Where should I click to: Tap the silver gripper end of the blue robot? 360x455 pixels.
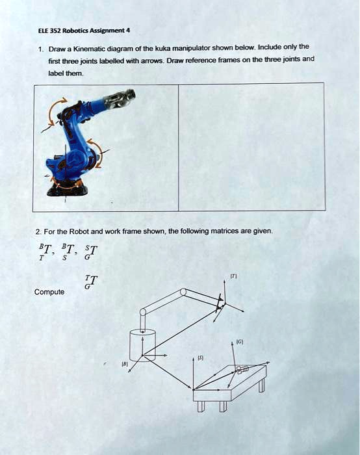[123, 99]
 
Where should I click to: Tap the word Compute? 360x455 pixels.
[49, 292]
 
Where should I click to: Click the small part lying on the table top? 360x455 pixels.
[241, 370]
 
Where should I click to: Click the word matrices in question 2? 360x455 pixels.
[197, 231]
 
